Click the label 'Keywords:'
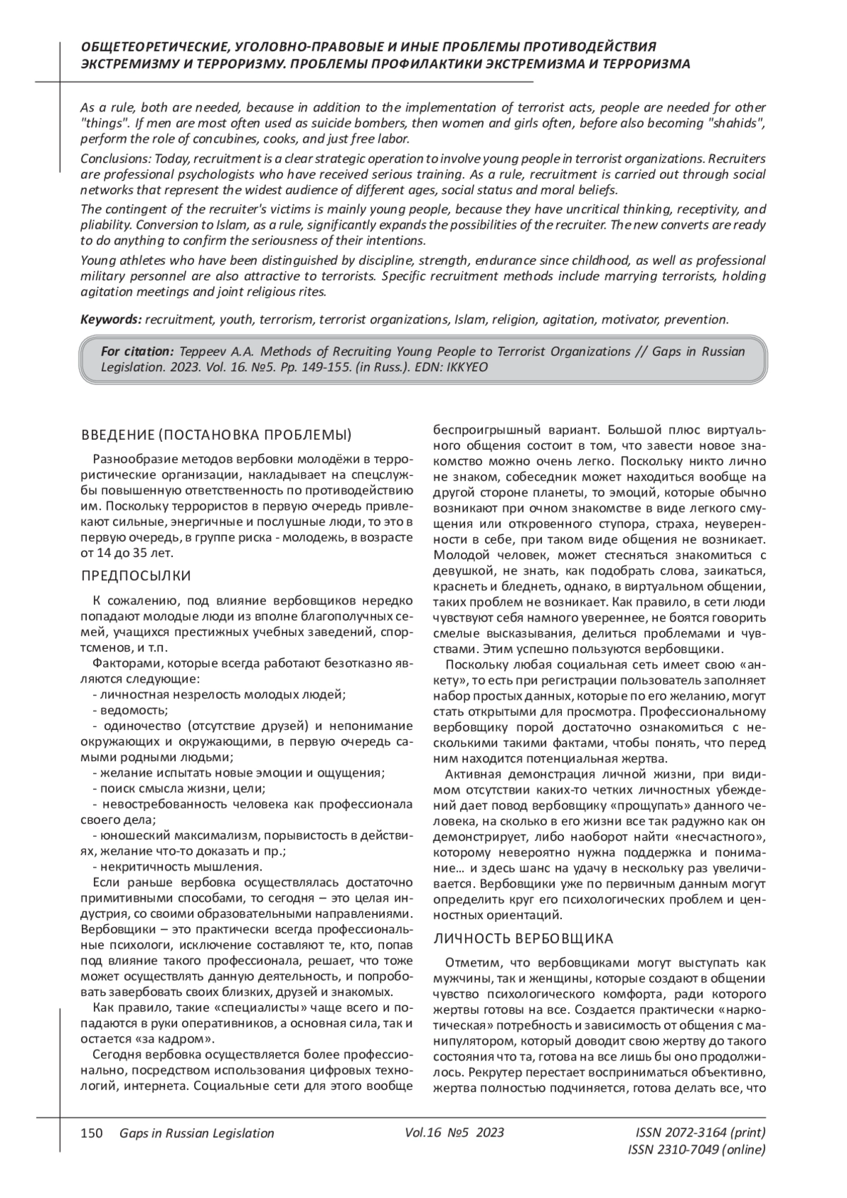click(111, 319)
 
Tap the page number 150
click(92, 1133)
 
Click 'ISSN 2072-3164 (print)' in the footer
click(700, 1132)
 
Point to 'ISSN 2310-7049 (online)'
click(696, 1150)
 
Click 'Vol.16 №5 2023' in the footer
click(455, 1132)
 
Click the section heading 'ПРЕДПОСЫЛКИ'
click(136, 575)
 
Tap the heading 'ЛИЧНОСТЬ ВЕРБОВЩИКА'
click(523, 939)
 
